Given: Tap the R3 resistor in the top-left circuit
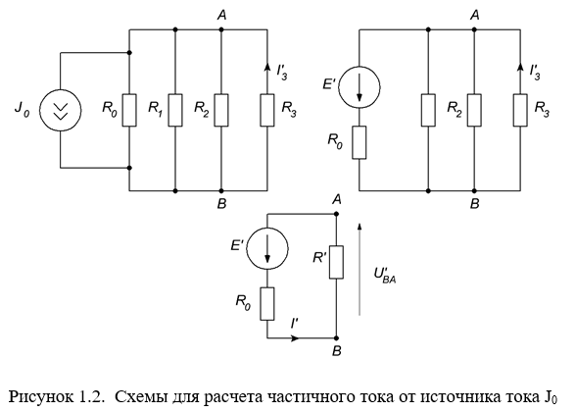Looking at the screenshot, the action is (267, 110).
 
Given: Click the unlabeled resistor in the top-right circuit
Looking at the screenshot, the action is (428, 110).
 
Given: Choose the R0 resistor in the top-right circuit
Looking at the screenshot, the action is (360, 143).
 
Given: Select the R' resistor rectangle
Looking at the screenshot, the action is (336, 262).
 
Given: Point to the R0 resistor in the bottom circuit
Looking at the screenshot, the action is (267, 304).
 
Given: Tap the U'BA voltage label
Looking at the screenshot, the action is (385, 275).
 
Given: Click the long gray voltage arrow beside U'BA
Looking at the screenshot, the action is (360, 269).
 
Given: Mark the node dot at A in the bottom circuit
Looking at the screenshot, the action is (336, 214).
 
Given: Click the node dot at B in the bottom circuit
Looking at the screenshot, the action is (336, 338).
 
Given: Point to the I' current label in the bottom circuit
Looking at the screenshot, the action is (294, 324).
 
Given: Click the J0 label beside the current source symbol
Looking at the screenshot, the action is (22, 109).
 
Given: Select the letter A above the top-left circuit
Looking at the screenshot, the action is (221, 15).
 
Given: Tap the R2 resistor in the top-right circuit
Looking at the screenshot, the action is (474, 110).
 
